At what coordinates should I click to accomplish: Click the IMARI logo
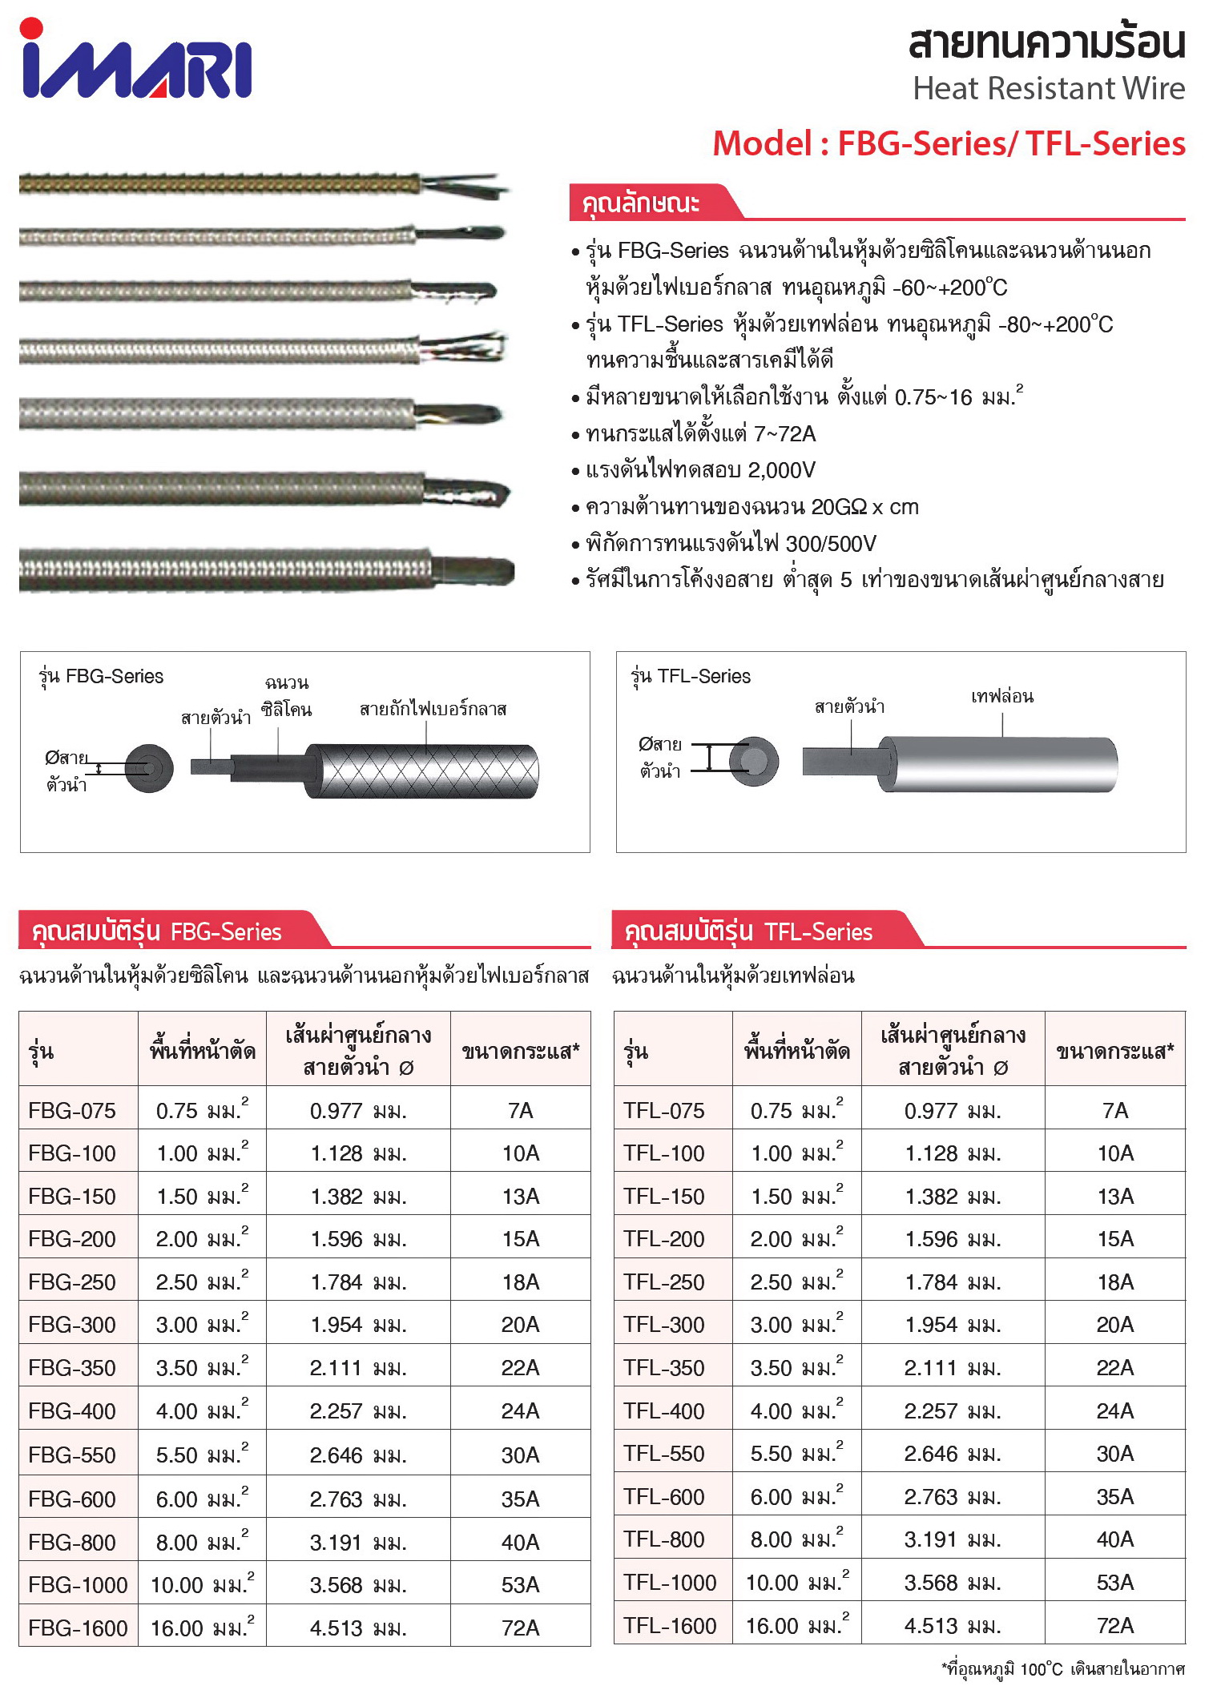coord(136,61)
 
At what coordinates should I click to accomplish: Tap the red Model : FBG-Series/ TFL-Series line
coord(949,144)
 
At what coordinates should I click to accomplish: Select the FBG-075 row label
coord(72,1111)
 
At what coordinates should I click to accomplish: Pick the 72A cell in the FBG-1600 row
coord(520,1628)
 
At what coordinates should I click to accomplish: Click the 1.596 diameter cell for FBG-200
coord(358,1239)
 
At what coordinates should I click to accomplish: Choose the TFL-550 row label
coord(664,1454)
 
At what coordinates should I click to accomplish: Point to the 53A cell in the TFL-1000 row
coord(1114,1583)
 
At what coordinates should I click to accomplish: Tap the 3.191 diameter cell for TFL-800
coord(953,1539)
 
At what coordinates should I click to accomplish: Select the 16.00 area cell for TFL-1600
coord(796,1626)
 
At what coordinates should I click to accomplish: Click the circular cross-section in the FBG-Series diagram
coord(150,768)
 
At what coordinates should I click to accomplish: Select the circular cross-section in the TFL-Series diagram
coord(754,760)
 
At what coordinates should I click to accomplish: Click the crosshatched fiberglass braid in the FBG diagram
coord(425,771)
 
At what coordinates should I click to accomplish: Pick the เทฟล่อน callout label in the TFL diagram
coord(1001,697)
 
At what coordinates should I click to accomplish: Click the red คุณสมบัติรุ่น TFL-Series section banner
coord(749,931)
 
